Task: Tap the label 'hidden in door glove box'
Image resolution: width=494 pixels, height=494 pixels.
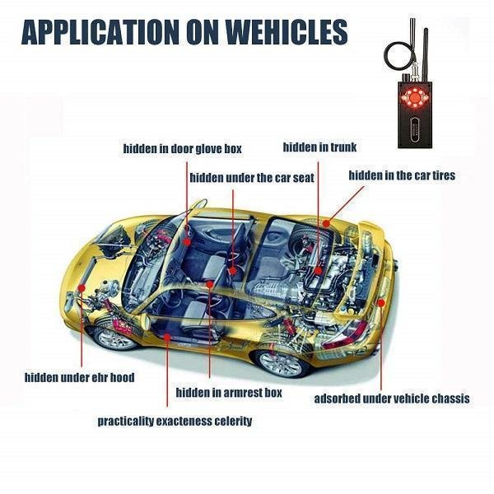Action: click(x=182, y=149)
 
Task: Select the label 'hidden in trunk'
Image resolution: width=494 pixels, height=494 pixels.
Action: click(x=319, y=147)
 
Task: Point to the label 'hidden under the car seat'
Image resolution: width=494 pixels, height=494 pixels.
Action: click(x=252, y=177)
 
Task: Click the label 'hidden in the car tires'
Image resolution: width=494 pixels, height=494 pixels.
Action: click(x=402, y=175)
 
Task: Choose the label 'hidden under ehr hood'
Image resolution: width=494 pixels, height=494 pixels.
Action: click(x=79, y=377)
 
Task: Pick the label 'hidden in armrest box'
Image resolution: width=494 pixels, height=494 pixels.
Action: click(x=229, y=393)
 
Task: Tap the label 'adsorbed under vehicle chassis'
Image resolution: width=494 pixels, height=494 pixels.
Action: click(x=392, y=398)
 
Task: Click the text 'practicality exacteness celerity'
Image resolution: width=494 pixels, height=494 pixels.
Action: click(x=175, y=421)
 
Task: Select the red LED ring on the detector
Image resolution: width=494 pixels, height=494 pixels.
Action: click(x=409, y=104)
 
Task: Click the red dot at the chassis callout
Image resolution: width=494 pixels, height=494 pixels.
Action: click(x=381, y=302)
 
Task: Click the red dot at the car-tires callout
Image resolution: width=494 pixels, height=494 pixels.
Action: click(x=326, y=221)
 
